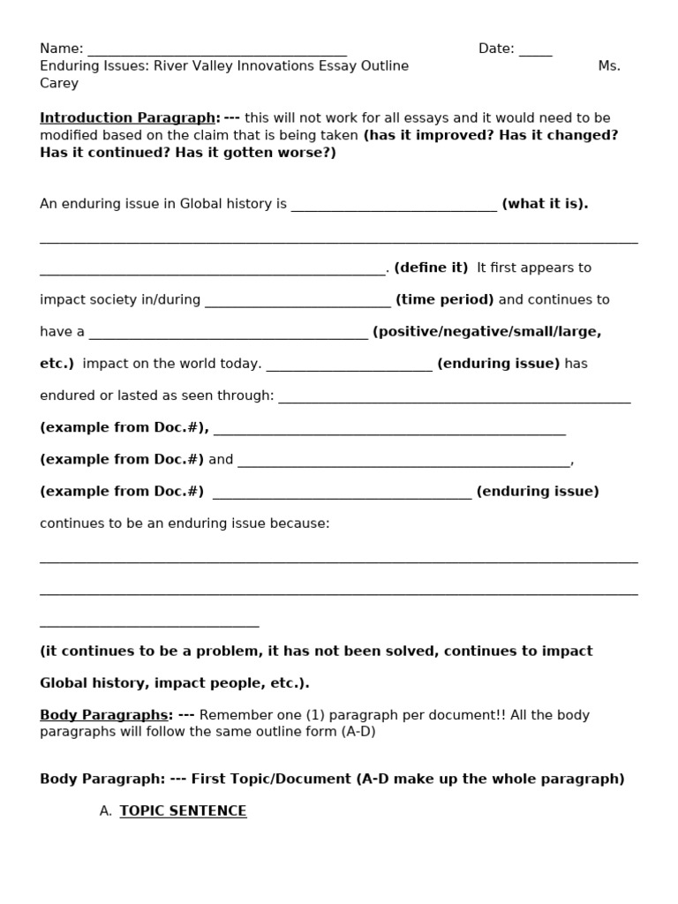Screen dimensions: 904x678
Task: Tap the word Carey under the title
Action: pyautogui.click(x=59, y=84)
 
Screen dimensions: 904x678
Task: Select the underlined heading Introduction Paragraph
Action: pyautogui.click(x=128, y=118)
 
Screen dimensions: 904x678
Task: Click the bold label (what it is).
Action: pyautogui.click(x=545, y=204)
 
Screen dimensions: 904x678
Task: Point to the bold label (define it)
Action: pyautogui.click(x=431, y=267)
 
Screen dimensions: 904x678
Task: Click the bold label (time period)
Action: pyautogui.click(x=445, y=300)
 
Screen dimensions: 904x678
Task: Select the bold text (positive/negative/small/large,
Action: pyautogui.click(x=486, y=332)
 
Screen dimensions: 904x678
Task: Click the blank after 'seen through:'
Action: pyautogui.click(x=454, y=398)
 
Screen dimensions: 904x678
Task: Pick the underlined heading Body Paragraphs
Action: pyautogui.click(x=104, y=715)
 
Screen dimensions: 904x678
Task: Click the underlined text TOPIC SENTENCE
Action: pyautogui.click(x=183, y=811)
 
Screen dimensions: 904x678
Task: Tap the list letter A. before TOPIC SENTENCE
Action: pyautogui.click(x=106, y=811)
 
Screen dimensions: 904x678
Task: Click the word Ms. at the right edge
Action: pyautogui.click(x=609, y=66)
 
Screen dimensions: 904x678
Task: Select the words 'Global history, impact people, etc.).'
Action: pyautogui.click(x=175, y=683)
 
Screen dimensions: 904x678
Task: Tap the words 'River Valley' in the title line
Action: pyautogui.click(x=197, y=66)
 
